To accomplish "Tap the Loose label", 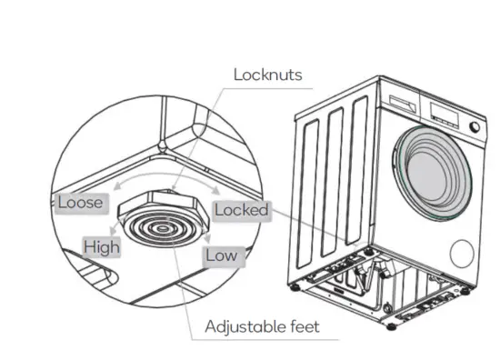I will [80, 202].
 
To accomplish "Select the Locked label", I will [242, 210].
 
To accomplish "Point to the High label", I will [102, 246].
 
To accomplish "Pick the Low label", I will [221, 255].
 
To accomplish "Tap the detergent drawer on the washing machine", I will [399, 103].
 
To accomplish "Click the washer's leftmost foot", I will [295, 288].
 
